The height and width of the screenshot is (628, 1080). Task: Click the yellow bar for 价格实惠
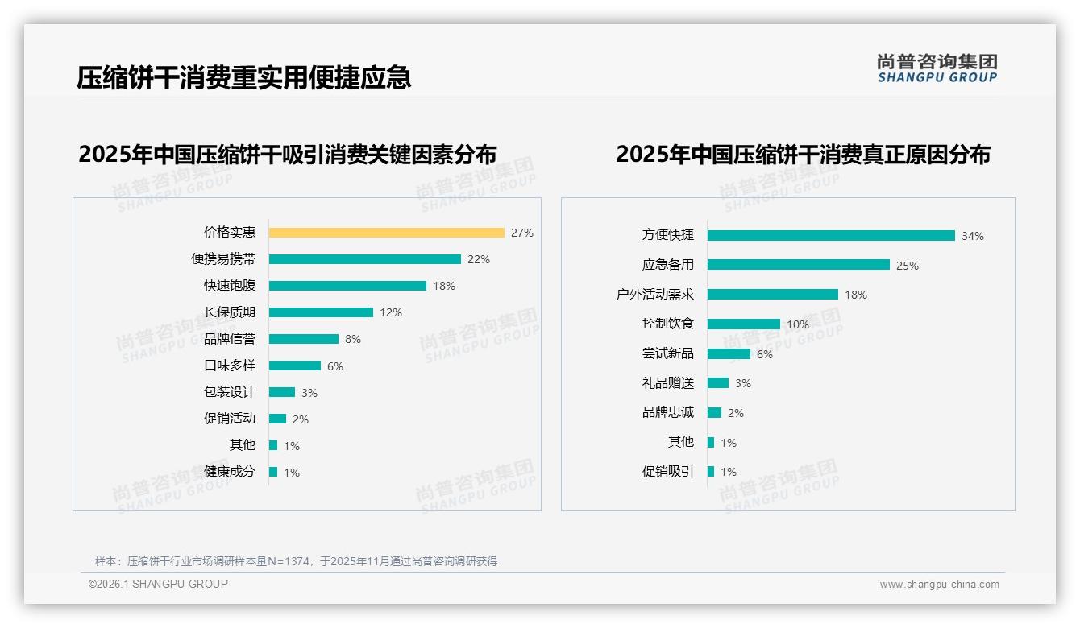coord(386,233)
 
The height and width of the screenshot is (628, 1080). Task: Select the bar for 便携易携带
coord(364,259)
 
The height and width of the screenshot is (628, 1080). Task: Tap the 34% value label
coord(972,236)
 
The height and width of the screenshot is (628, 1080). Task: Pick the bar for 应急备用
coord(798,265)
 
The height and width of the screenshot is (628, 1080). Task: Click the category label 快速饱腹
coord(229,286)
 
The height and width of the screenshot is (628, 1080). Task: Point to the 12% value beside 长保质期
coord(391,312)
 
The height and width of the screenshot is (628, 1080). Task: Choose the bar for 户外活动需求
coord(772,295)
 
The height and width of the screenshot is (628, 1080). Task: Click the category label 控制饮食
coord(667,324)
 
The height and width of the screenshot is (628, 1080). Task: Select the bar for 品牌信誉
coord(303,339)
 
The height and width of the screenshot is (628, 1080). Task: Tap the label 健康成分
coord(229,472)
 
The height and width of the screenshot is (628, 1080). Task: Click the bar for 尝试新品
coord(729,354)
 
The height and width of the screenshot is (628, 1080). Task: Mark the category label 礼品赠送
coord(667,383)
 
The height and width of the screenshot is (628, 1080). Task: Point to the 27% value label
coord(521,233)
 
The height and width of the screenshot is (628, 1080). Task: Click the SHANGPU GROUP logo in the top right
coord(937,68)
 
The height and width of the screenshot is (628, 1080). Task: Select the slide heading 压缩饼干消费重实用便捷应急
coord(244,77)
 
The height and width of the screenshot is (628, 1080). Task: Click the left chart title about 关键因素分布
coord(287,154)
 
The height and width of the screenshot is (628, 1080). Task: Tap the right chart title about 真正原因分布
coord(803,154)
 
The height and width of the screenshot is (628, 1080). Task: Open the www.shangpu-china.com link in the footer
coord(939,585)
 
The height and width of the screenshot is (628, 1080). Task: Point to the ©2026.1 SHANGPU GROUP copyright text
coord(158,584)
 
